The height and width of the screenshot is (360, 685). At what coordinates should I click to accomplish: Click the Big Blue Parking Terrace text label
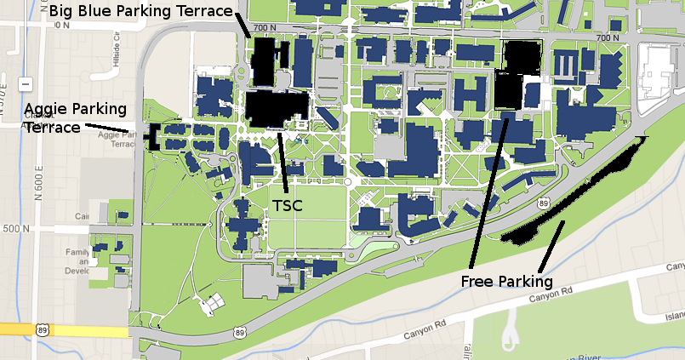pyautogui.click(x=141, y=11)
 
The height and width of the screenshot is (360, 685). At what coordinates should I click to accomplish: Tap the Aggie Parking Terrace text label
pyautogui.click(x=75, y=117)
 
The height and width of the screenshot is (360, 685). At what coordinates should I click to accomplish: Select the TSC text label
pyautogui.click(x=287, y=206)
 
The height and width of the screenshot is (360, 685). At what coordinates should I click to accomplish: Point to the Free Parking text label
pyautogui.click(x=507, y=281)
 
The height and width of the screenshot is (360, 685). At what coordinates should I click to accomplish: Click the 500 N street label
pyautogui.click(x=16, y=229)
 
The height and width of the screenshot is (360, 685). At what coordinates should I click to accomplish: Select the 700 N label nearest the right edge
pyautogui.click(x=608, y=37)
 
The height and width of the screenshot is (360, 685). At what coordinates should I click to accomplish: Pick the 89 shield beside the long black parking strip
pyautogui.click(x=542, y=203)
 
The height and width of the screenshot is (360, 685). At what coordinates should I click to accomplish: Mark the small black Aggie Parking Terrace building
pyautogui.click(x=154, y=136)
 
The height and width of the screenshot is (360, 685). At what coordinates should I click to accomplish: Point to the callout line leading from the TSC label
pyautogui.click(x=283, y=162)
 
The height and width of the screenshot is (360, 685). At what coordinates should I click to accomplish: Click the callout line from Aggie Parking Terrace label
pyautogui.click(x=109, y=129)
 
